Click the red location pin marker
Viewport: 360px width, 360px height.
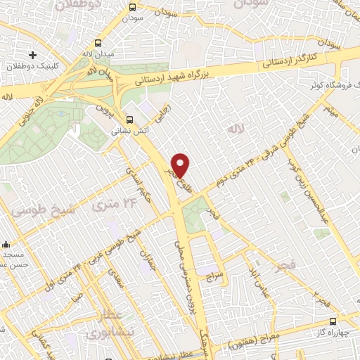pos(181,165)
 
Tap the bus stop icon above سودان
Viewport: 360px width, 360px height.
pos(132,6)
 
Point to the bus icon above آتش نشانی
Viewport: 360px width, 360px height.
pos(129,120)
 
